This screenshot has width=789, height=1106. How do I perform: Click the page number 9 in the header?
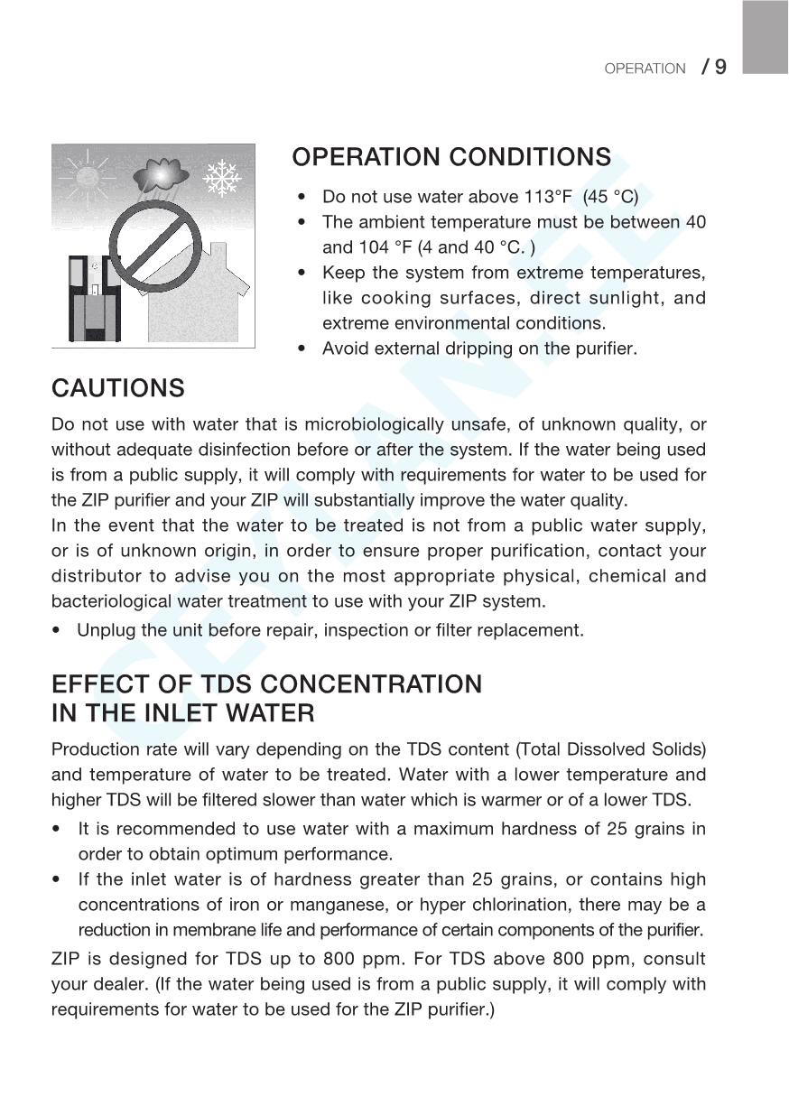[720, 67]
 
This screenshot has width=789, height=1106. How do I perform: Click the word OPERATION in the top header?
[645, 69]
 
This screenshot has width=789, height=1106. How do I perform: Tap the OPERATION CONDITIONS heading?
[451, 157]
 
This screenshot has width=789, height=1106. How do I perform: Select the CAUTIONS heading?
[118, 388]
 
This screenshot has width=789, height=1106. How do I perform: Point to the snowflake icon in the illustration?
[219, 178]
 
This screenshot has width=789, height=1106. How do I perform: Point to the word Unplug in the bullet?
[103, 630]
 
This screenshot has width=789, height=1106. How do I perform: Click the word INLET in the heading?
[174, 713]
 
